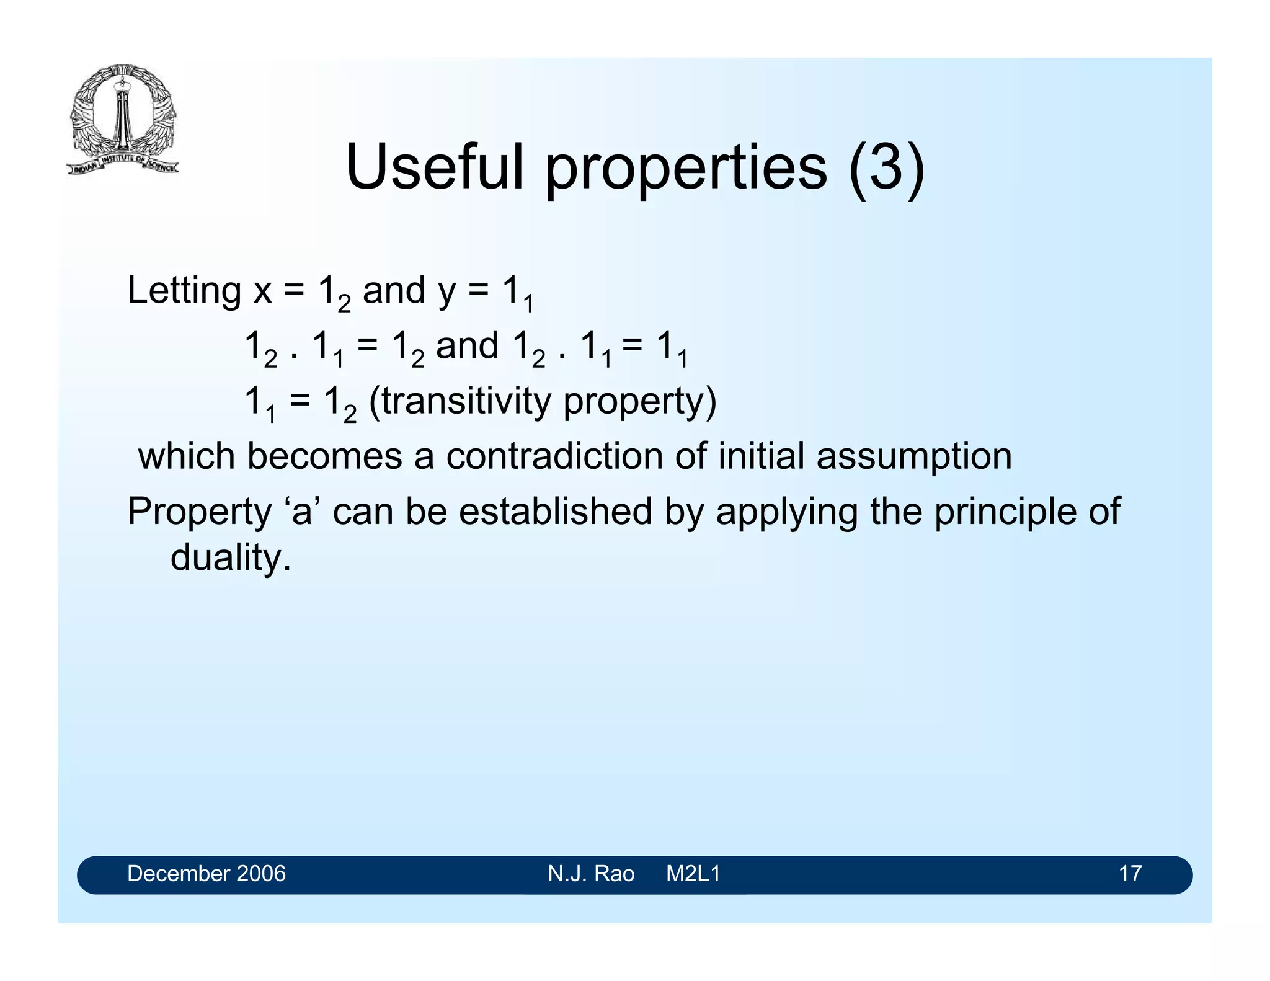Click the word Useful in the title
tap(434, 167)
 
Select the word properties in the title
tap(686, 169)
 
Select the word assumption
tap(914, 457)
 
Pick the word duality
tap(230, 557)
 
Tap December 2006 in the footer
tap(206, 874)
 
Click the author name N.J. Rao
tap(590, 874)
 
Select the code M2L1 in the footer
tap(693, 874)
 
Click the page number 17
tap(1130, 874)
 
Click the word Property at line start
tap(199, 512)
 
